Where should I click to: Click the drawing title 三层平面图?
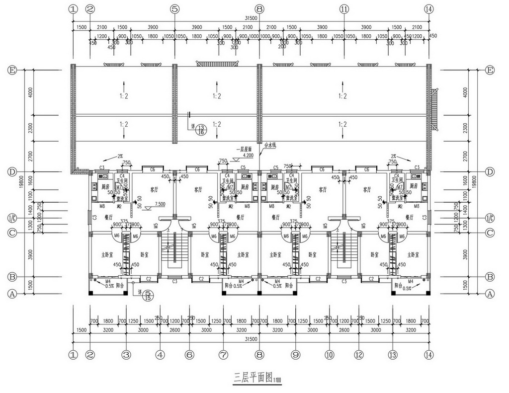(x=253, y=377)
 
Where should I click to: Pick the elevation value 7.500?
(x=160, y=204)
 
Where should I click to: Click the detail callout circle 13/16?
(x=201, y=130)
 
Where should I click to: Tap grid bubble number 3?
(x=126, y=355)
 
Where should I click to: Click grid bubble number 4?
(x=160, y=355)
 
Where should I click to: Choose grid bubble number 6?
(x=189, y=355)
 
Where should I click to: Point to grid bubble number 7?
(x=223, y=355)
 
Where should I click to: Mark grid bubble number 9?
(x=295, y=355)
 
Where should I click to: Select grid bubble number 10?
(x=329, y=355)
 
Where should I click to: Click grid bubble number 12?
(x=358, y=355)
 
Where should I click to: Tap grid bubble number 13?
(x=393, y=355)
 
